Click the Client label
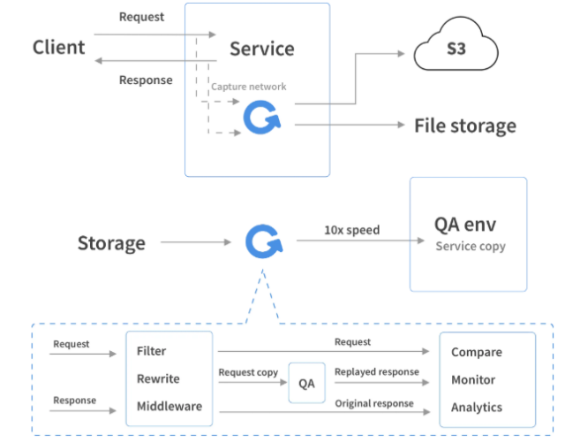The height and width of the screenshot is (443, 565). [x=59, y=47]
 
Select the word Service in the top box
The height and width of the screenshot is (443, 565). [x=261, y=49]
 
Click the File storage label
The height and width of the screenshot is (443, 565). [x=465, y=126]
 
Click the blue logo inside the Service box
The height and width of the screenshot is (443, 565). [x=261, y=118]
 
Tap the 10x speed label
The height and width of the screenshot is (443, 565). [x=350, y=230]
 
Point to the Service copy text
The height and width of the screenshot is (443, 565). [x=470, y=246]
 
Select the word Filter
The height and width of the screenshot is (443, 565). [x=152, y=351]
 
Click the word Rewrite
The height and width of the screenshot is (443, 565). [x=158, y=378]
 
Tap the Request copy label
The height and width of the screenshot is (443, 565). [x=248, y=372]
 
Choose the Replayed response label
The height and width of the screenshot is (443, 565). [x=376, y=372]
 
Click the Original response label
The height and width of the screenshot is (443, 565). [x=374, y=403]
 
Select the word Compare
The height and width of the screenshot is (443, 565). [x=476, y=352]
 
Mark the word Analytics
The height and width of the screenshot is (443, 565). [x=476, y=407]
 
